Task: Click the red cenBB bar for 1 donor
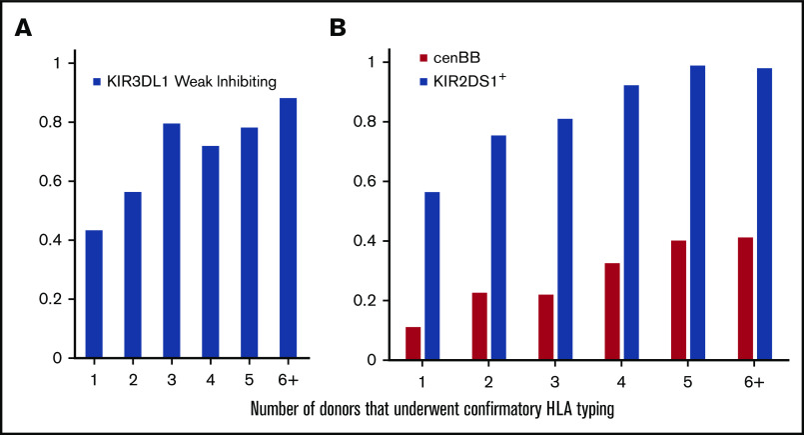[413, 343]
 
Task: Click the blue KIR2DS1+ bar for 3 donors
[565, 239]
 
